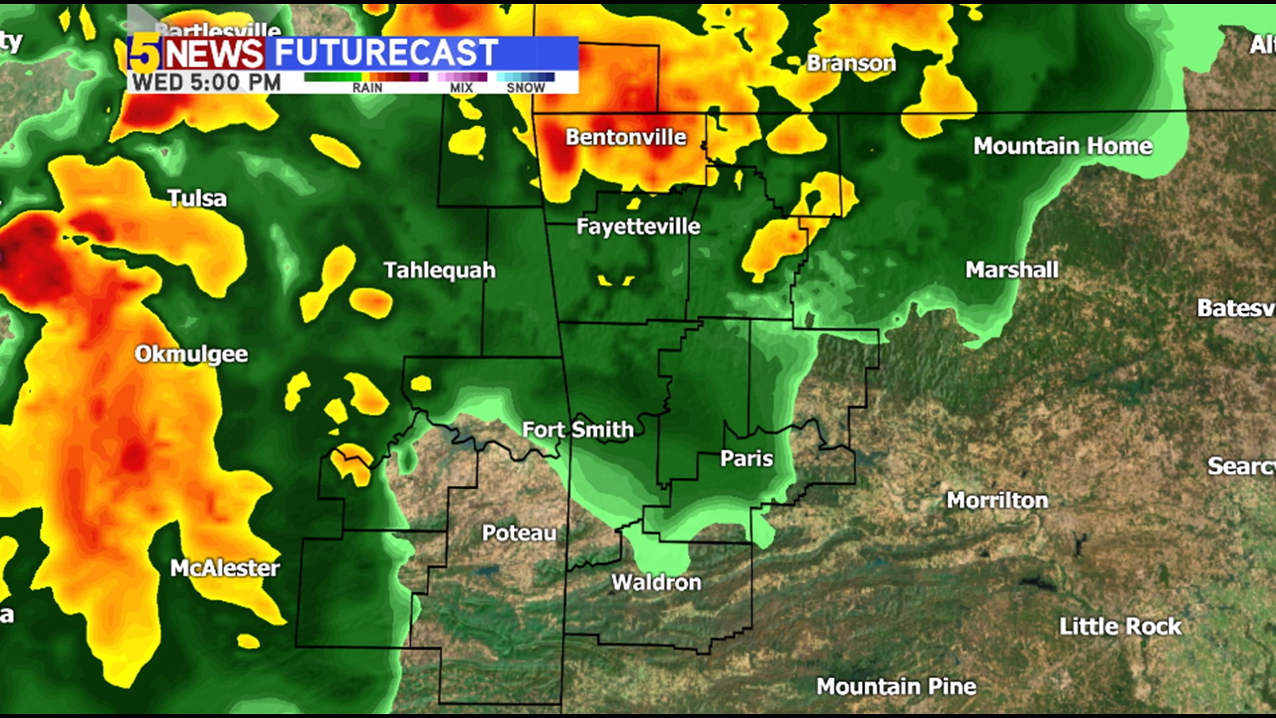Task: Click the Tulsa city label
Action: point(197,198)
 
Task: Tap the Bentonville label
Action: point(625,137)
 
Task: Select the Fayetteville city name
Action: point(638,227)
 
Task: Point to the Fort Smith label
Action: point(578,430)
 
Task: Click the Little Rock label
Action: point(1120,626)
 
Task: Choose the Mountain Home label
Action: point(1063,146)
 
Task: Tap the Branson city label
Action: point(851,63)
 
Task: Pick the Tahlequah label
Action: point(439,270)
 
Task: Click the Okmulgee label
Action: point(191,354)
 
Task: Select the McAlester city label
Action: point(225,568)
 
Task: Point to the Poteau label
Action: point(519,533)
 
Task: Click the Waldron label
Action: point(656,582)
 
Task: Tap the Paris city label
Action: point(746,459)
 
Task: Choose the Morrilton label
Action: point(997,500)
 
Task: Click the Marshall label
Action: point(1011,269)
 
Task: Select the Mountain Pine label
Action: point(896,686)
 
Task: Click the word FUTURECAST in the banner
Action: point(386,53)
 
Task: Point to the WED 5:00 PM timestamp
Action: point(206,83)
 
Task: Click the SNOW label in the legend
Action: point(525,88)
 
